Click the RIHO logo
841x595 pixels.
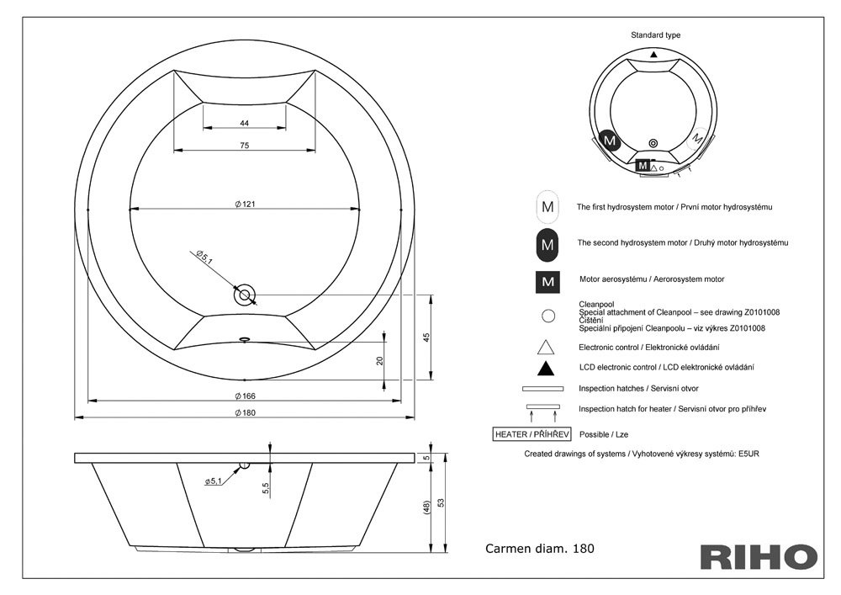coord(759,556)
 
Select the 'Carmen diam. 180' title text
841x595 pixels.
coord(540,549)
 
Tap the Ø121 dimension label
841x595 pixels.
coord(245,204)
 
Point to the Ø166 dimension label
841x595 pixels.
coord(245,396)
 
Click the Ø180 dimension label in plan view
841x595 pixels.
coord(245,412)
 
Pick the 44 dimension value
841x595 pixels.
coord(245,124)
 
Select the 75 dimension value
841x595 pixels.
coord(245,146)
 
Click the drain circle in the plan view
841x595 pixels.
coord(245,295)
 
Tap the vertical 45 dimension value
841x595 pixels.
coord(427,337)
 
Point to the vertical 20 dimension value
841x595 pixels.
coord(380,361)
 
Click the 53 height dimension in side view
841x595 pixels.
coord(441,502)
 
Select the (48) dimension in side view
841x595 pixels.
coord(427,507)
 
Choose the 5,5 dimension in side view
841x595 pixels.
coord(266,488)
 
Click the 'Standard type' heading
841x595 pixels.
coord(655,35)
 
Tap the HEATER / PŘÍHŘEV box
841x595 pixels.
coord(532,434)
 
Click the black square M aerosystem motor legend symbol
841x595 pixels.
coord(547,282)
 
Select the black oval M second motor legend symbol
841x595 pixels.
coord(547,245)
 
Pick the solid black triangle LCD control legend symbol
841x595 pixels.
coord(546,369)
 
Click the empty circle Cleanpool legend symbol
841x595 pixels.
coord(548,316)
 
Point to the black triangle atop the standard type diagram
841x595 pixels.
coord(653,54)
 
